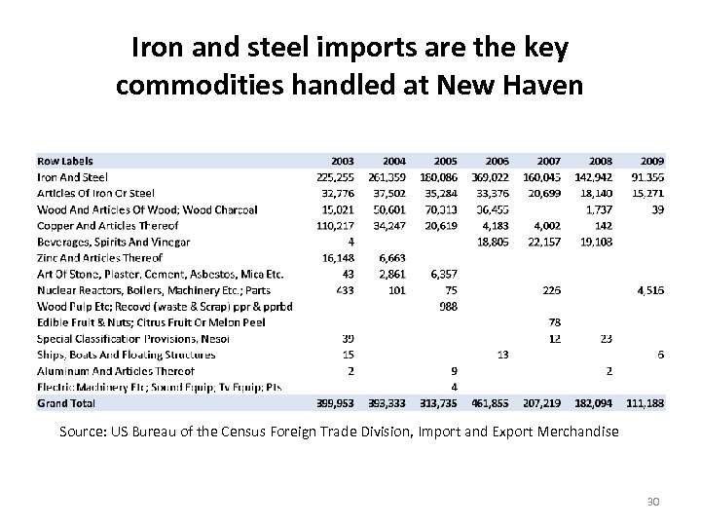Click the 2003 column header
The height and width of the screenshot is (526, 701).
click(x=343, y=161)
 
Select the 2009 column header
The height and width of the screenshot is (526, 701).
click(x=650, y=161)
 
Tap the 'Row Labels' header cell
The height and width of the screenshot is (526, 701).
click(x=66, y=161)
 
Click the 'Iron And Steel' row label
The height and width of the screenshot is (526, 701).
click(x=73, y=177)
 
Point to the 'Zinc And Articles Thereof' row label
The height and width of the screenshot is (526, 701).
click(x=99, y=257)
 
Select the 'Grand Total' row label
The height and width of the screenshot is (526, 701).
click(x=66, y=401)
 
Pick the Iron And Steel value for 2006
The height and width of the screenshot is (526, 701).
click(x=490, y=177)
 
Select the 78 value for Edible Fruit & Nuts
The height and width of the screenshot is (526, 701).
click(x=554, y=321)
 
